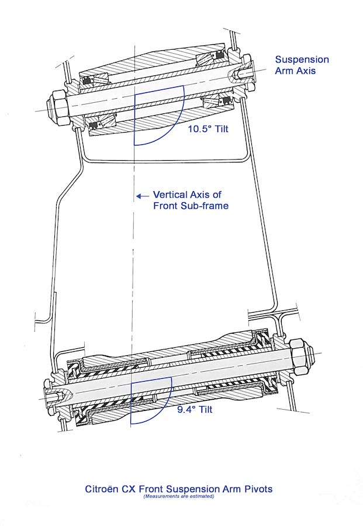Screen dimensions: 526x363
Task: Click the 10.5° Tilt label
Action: click(x=207, y=129)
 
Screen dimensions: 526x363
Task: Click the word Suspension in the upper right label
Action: click(x=302, y=60)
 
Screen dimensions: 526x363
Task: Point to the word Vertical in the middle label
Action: click(x=169, y=195)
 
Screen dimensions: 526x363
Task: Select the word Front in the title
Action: click(x=153, y=489)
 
